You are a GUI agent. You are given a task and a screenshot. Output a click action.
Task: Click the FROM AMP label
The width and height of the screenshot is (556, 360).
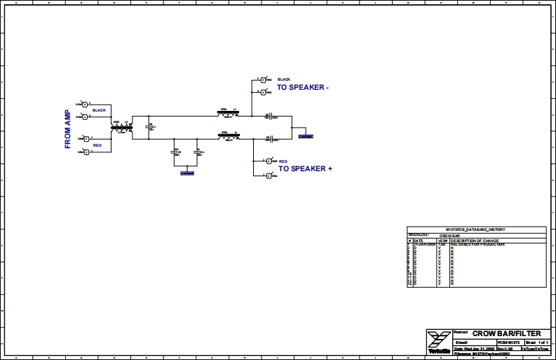pos(68,130)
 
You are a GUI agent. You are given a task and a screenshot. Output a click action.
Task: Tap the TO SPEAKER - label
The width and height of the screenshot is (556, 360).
pos(303,88)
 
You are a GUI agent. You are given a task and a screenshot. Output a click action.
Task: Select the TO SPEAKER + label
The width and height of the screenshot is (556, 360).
pos(305,168)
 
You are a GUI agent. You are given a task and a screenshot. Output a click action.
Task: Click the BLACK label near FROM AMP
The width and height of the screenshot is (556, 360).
pos(98,111)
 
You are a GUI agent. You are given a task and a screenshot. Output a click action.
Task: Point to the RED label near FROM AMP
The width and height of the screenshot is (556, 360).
pos(97,145)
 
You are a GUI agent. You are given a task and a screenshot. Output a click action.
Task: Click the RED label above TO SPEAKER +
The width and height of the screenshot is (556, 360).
pos(283,160)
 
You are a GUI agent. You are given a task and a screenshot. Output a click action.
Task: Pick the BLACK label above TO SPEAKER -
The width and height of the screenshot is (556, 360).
pos(284,79)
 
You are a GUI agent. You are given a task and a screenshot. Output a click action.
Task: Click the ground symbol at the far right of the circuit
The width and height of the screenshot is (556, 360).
pos(306,135)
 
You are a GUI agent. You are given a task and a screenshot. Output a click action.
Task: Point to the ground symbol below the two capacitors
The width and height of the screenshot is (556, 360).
pos(187,171)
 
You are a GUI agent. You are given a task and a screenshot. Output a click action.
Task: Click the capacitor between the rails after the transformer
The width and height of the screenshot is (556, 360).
pos(149,126)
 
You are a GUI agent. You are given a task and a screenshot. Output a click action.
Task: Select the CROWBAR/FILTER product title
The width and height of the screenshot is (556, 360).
pos(506,333)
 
